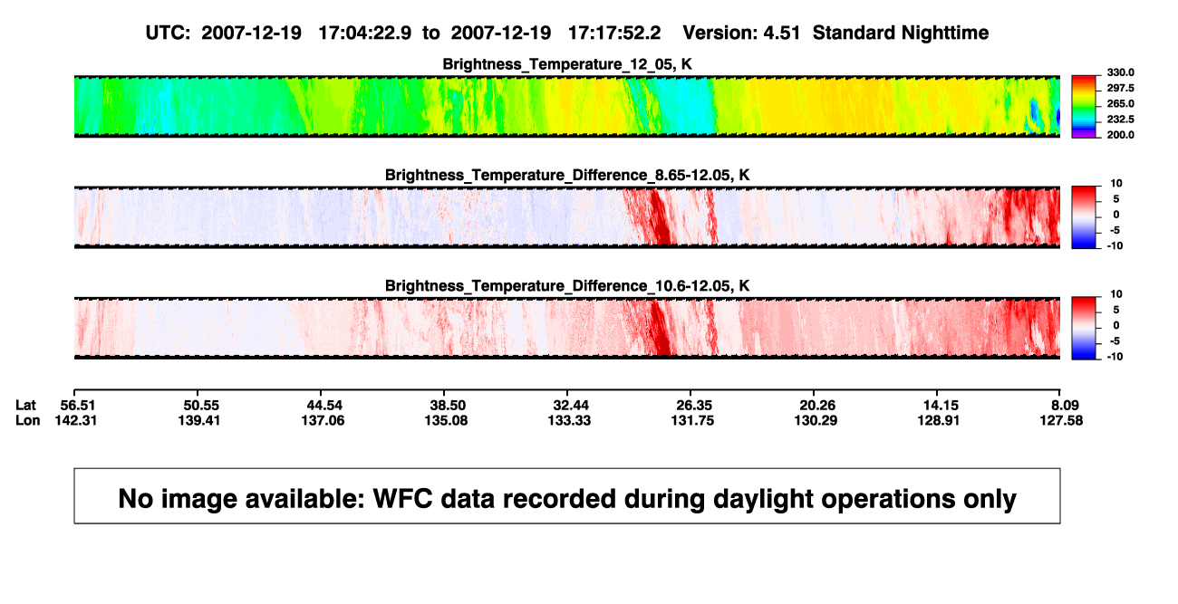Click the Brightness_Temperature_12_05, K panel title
pos(567,64)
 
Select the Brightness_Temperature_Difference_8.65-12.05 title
pos(567,175)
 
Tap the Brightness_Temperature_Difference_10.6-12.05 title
pos(567,286)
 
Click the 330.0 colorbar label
pos(1120,72)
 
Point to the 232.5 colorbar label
pos(1120,120)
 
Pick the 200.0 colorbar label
pos(1120,135)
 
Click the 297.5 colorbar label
pos(1120,89)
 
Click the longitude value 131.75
pos(692,420)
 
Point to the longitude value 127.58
pos(1061,420)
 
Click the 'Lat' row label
pos(25,406)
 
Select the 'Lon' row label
pos(27,420)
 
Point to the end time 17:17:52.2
pos(614,34)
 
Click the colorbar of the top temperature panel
pos(1084,107)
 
